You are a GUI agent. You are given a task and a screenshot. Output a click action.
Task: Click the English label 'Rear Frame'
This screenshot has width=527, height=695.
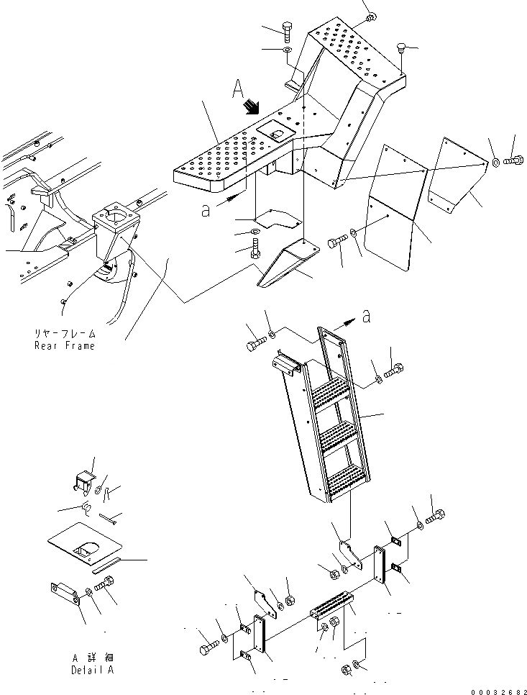coord(64,346)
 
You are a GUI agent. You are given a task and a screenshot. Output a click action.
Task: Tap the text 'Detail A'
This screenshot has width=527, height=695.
coord(93,670)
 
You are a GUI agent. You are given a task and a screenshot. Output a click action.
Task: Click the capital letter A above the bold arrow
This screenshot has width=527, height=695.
coord(239,89)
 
